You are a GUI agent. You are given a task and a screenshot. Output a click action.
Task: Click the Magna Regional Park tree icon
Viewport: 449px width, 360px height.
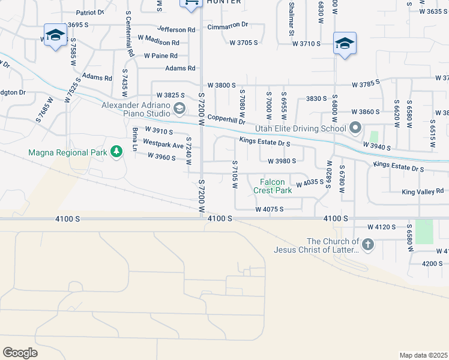pos(116,152)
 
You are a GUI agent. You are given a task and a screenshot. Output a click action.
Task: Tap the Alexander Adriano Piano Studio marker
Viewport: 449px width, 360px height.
pos(179,109)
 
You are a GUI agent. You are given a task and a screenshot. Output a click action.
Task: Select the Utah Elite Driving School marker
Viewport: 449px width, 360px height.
pos(355,128)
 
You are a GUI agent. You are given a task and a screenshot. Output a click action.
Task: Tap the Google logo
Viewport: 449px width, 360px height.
pos(20,353)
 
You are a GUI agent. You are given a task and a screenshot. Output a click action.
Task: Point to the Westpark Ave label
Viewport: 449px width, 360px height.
pos(163,145)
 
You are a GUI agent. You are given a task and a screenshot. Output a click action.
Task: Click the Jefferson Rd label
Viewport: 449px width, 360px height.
pos(176,29)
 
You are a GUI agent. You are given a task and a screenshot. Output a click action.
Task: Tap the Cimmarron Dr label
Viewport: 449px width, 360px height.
pos(228,26)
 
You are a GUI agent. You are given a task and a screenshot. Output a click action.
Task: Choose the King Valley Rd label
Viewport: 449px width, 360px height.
pos(423,191)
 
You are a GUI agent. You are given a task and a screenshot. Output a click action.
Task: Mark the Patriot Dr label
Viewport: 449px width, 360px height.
pos(90,12)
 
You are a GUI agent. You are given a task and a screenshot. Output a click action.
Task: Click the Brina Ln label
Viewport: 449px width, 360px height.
pos(135,139)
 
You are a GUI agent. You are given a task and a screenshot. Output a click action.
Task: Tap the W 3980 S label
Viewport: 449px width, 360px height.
pos(282,161)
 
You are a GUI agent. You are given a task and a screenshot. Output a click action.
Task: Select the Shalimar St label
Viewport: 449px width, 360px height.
pos(291,13)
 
